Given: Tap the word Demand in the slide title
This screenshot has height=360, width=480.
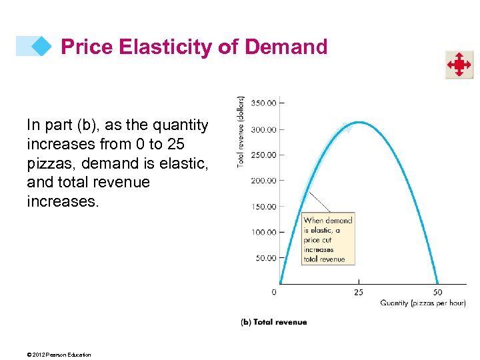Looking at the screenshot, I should pos(286,47).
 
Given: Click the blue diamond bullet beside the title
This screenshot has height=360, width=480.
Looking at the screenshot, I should pos(41,46).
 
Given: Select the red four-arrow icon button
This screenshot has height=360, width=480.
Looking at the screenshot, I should pos(459,65).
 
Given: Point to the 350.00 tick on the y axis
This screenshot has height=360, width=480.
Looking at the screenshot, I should pos(263,103).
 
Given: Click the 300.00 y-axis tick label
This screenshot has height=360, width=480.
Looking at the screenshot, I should pos(263,129).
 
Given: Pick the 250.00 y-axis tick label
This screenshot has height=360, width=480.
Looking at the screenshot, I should pos(263,155).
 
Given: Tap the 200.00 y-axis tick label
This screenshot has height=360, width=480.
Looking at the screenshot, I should pos(263,181).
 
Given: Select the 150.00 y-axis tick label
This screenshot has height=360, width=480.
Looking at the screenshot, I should pos(263,207).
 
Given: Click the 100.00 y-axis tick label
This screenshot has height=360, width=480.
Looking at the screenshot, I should pos(263,232).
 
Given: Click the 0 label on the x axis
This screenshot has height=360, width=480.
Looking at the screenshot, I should pos(274,292).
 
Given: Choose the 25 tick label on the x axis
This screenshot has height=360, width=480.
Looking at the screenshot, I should pos(358,292).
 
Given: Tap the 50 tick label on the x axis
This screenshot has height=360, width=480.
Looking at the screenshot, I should pos(437,292).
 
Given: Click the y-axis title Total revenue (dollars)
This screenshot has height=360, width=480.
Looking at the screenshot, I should pos(241,131).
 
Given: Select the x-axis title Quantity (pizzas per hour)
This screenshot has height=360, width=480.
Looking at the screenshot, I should pos(423,303).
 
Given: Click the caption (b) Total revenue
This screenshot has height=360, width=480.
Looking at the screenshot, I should pos(273,322).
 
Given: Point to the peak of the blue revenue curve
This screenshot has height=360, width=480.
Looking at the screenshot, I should pos(359,122).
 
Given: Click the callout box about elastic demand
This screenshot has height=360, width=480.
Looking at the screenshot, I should pos(328,239).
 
